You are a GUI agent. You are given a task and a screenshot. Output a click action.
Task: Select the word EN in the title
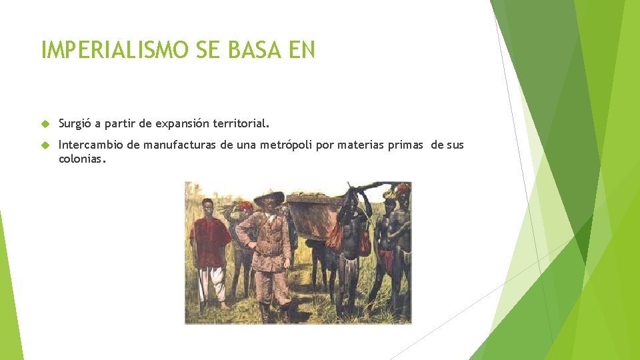(x=302, y=50)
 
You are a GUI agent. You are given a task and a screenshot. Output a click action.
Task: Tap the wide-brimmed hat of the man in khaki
(x=269, y=198)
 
